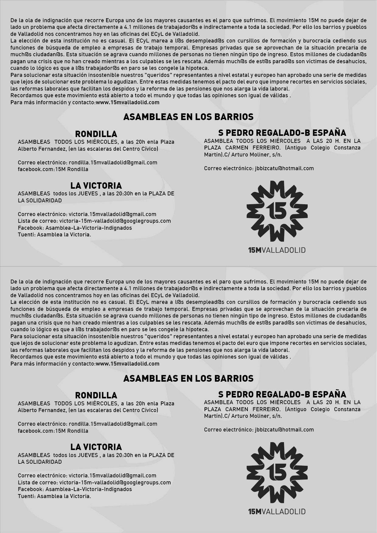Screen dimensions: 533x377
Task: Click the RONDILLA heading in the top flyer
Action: click(96, 134)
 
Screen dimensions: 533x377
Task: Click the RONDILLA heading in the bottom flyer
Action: click(96, 395)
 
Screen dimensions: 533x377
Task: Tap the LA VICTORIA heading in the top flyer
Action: click(96, 186)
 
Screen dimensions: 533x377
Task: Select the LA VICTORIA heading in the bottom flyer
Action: click(96, 447)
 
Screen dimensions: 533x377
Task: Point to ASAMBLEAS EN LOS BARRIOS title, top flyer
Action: click(188, 117)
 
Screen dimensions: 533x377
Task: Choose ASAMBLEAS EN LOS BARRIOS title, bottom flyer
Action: click(188, 378)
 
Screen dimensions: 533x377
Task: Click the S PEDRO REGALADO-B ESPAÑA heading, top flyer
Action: click(282, 133)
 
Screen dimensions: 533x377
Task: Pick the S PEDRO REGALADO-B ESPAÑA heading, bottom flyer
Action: click(282, 394)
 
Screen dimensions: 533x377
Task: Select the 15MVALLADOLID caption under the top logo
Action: click(277, 250)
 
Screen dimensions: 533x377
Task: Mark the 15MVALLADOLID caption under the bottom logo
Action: click(277, 512)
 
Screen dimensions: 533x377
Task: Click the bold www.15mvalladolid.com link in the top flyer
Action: click(128, 102)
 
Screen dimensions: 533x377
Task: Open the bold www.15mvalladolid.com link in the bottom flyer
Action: click(128, 364)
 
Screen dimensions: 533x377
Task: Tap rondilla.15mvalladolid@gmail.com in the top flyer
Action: click(113, 163)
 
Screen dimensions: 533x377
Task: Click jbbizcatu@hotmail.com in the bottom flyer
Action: click(284, 430)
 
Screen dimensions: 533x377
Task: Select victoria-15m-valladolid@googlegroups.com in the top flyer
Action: click(115, 221)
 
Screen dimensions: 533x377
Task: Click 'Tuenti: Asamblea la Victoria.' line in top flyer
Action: click(54, 235)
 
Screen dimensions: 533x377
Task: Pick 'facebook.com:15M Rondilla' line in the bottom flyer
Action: click(53, 431)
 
